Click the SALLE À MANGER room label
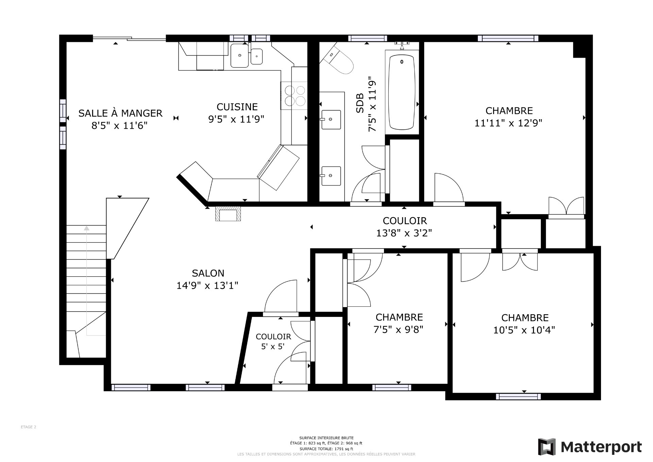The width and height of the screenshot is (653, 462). [120, 113]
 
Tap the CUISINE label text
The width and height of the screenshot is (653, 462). [237, 107]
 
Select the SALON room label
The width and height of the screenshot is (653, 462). [208, 273]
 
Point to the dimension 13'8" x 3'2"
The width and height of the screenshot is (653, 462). [404, 233]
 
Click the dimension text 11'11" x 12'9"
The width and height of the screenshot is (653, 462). [508, 123]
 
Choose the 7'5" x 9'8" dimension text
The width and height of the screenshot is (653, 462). [399, 330]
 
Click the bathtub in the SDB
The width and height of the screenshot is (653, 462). [402, 92]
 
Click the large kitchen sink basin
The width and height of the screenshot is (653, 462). [240, 55]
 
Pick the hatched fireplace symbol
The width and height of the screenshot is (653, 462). [228, 214]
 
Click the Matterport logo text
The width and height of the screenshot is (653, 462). [601, 447]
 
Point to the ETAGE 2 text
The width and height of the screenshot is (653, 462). [28, 427]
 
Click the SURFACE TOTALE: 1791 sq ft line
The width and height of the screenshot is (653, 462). [326, 449]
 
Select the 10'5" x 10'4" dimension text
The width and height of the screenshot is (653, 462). [524, 330]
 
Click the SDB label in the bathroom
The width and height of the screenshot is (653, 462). [360, 103]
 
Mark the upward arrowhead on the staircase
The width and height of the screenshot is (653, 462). [87, 228]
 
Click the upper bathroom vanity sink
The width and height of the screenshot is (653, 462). [331, 120]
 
